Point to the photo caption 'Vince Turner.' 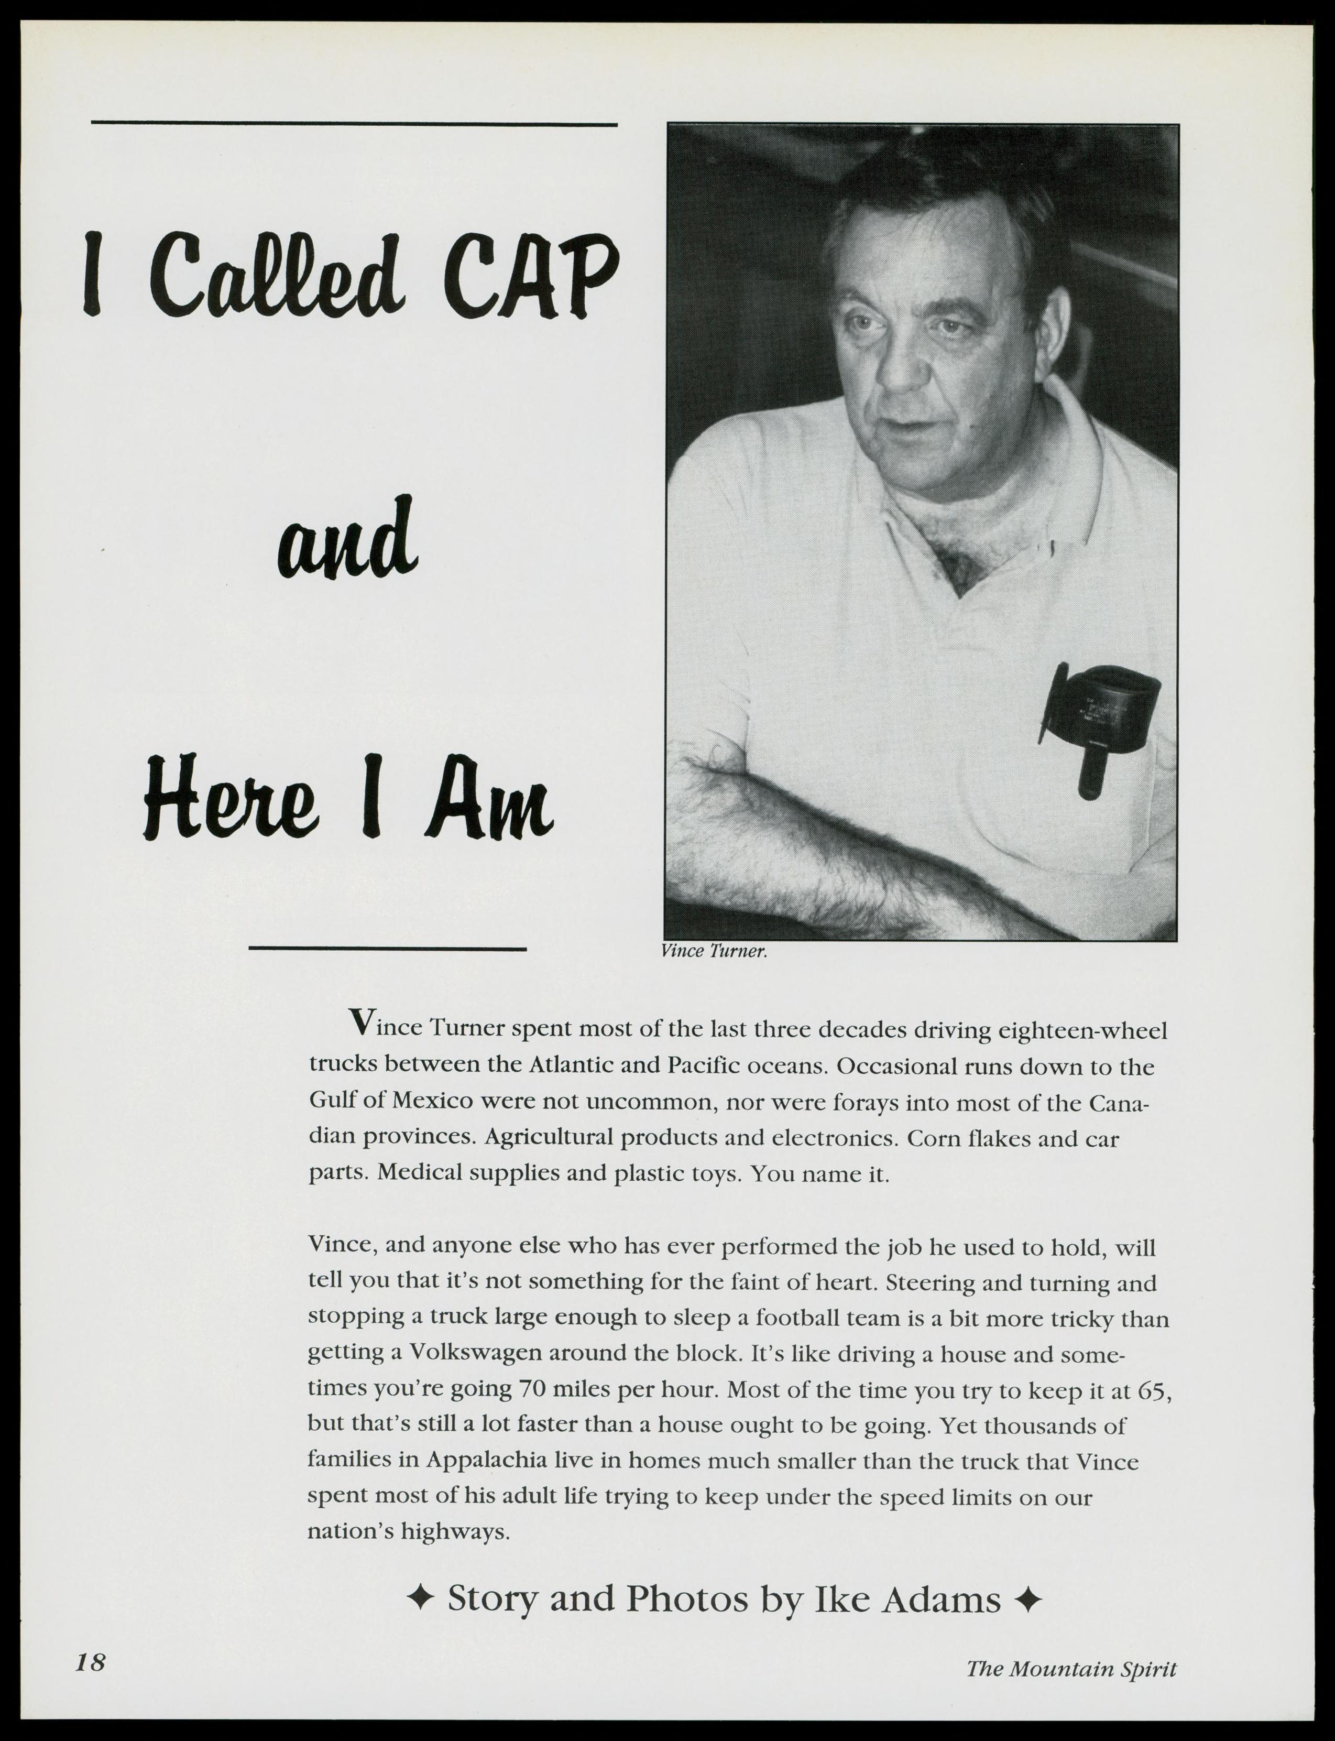714,952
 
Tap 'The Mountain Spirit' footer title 1070,1668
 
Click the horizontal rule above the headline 354,124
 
